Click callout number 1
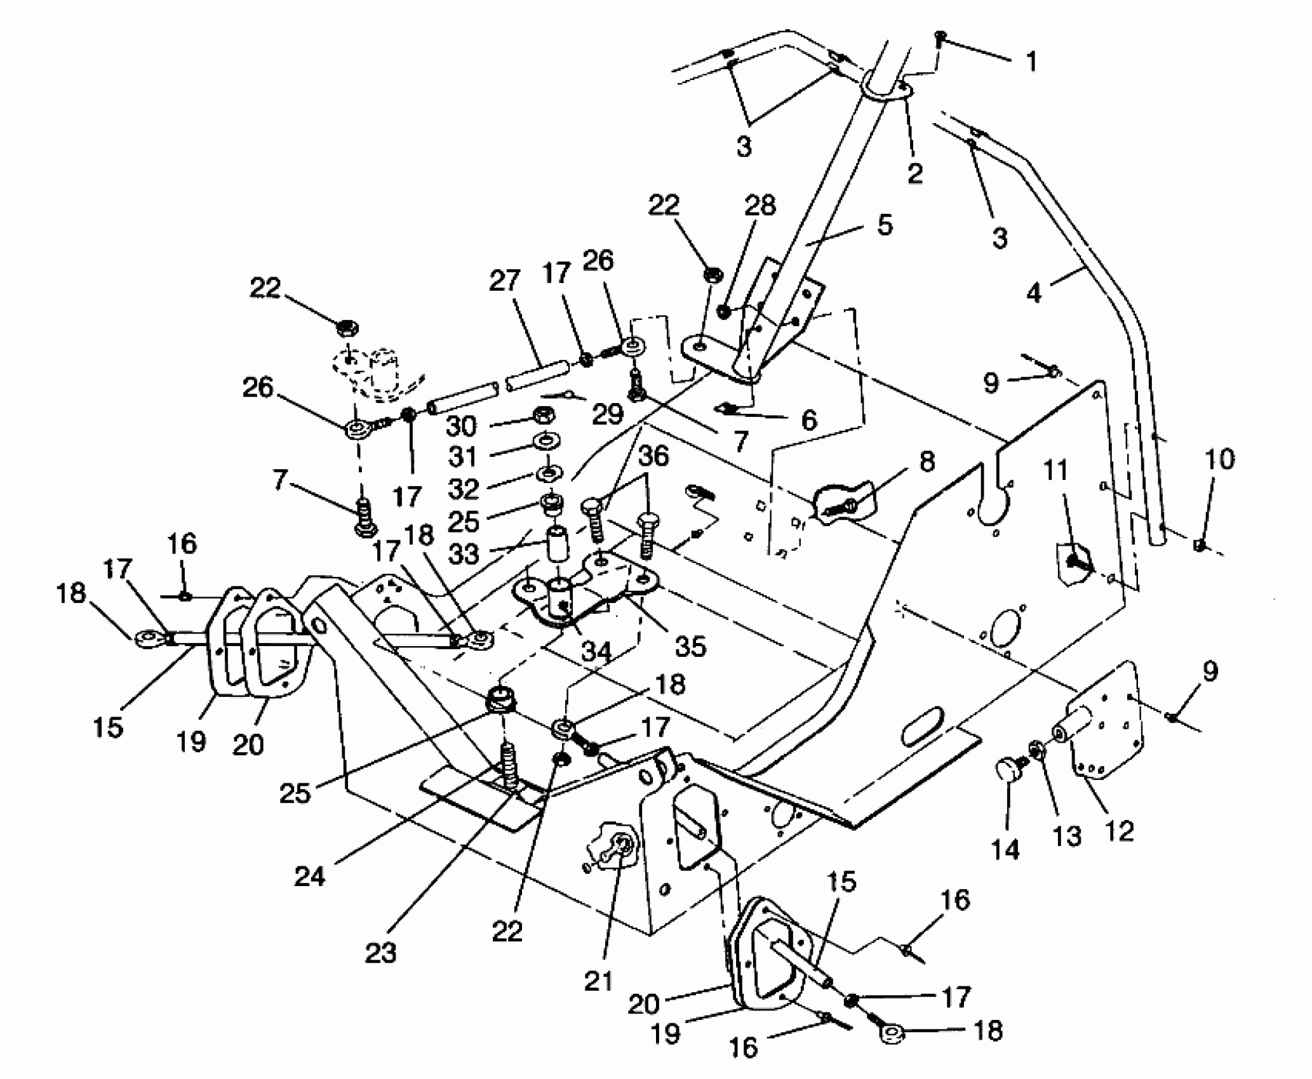1031,62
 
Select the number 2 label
915,173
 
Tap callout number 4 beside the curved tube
1034,293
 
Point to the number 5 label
885,225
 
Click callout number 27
505,281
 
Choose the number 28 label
761,206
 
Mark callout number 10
1219,459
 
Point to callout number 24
310,877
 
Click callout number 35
690,646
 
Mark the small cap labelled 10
1198,544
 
